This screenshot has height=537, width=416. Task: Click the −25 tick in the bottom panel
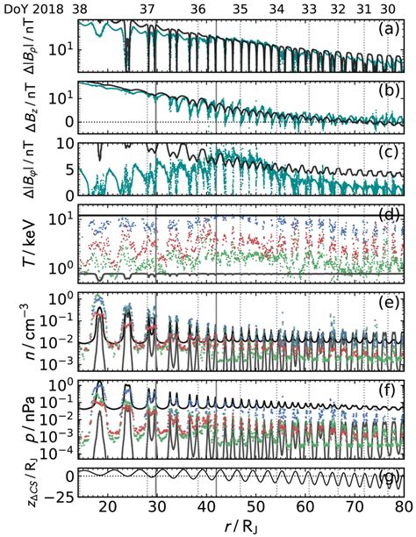(x=60, y=498)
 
